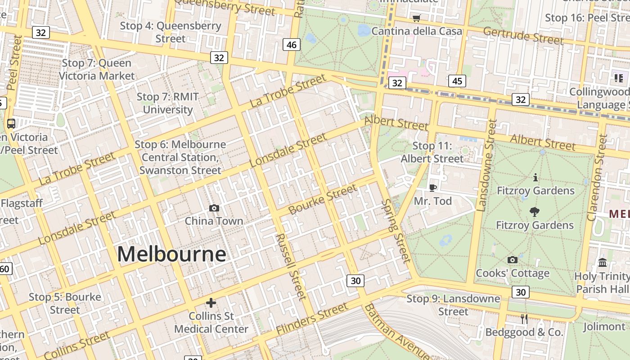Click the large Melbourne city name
[x=171, y=254]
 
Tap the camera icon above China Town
[x=214, y=208]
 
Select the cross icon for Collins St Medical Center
[x=211, y=303]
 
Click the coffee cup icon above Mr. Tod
[x=432, y=188]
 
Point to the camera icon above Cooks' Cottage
[x=512, y=260]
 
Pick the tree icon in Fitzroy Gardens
[x=535, y=211]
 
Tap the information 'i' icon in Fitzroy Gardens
[x=535, y=177]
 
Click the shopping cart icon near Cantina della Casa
[x=416, y=18]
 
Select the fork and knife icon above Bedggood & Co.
[x=524, y=319]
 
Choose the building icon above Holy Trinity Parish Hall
[x=603, y=262]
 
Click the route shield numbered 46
[x=292, y=44]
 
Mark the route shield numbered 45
[x=457, y=81]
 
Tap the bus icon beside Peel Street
[x=11, y=123]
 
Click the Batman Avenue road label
[x=396, y=332]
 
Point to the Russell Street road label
[x=291, y=266]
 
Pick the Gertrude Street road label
[x=523, y=36]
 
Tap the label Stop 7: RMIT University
[x=167, y=103]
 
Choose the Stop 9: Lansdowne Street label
[x=453, y=305]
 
